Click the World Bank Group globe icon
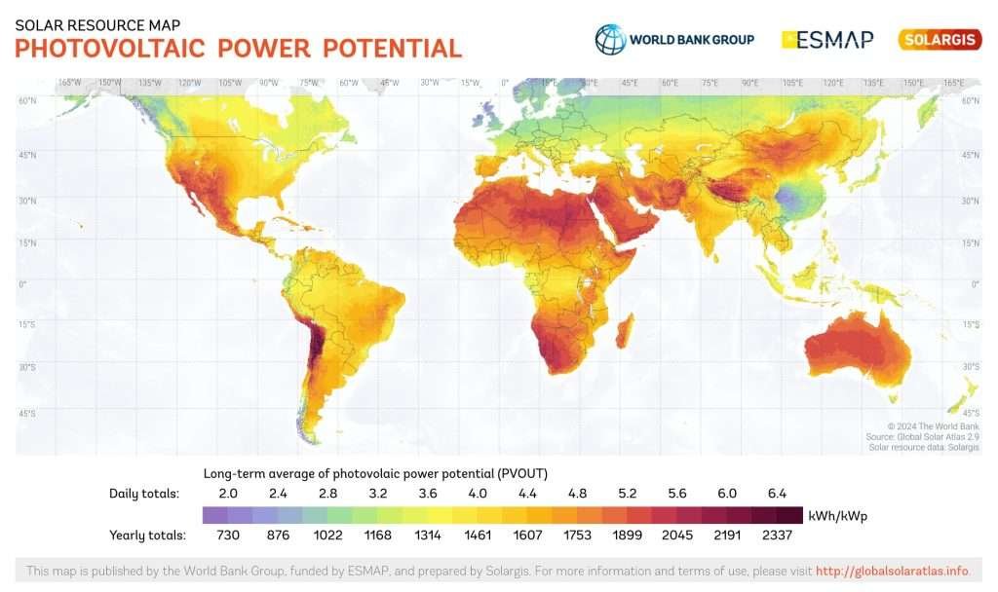point(610,39)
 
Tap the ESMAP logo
point(827,40)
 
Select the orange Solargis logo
point(940,40)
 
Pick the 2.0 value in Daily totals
point(227,494)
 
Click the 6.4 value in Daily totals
point(778,494)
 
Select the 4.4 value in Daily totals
point(527,494)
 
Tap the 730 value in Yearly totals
point(227,536)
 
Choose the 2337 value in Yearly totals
point(778,536)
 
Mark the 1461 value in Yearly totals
point(478,536)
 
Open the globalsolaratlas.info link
point(891,571)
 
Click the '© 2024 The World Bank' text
point(933,426)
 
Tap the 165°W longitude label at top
point(68,83)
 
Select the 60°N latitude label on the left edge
point(26,100)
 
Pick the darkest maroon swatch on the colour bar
point(789,515)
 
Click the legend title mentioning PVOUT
point(375,473)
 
